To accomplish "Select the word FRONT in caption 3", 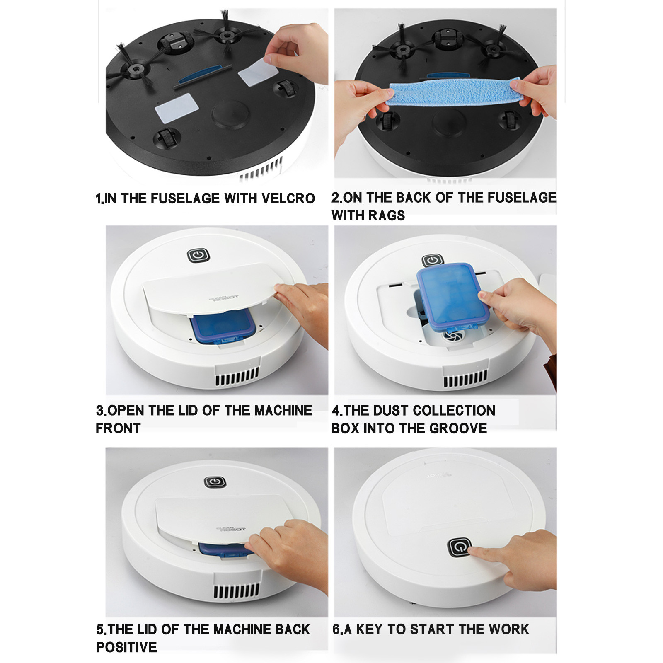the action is coord(118,428).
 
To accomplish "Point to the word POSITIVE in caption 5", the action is coord(126,647).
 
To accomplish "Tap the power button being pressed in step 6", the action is coord(460,548).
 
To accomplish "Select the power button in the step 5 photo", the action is coord(215,482).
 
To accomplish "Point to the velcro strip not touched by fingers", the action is coord(177,108).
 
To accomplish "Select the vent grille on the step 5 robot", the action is coord(237,590).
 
